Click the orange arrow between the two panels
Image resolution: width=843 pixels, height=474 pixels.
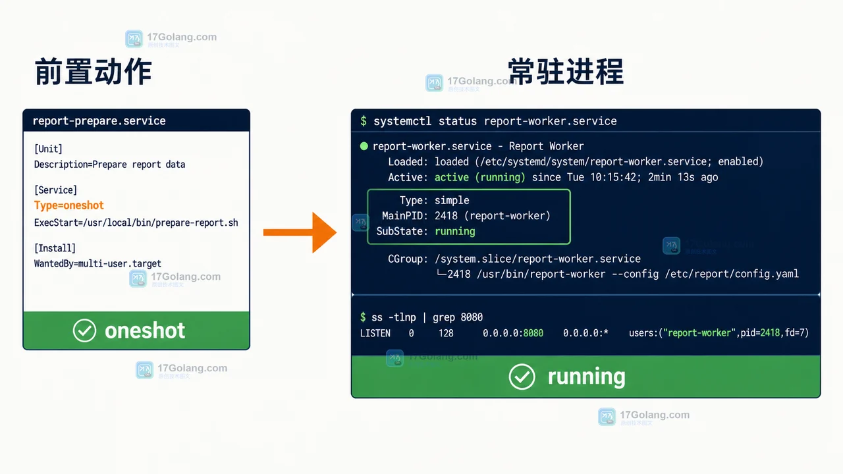(300, 232)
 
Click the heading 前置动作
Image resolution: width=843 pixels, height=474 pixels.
(94, 72)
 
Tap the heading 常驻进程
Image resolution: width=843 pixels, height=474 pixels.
(566, 72)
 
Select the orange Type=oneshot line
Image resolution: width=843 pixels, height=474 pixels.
(69, 205)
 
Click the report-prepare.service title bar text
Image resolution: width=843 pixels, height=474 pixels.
(99, 120)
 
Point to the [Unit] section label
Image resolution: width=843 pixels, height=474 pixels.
(48, 149)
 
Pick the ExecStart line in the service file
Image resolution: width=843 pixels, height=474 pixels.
(136, 223)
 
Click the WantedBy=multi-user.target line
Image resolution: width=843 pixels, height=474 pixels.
(97, 263)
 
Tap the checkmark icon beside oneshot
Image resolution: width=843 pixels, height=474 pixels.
(84, 330)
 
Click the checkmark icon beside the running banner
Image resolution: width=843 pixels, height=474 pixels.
(522, 377)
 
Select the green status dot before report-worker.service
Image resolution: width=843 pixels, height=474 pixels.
(364, 146)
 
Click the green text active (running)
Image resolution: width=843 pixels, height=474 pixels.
(480, 177)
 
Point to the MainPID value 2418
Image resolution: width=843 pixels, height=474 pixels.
(446, 215)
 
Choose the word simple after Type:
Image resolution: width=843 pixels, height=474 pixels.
(452, 200)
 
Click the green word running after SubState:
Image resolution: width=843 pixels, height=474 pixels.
(455, 231)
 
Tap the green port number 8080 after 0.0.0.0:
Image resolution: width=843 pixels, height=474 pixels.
(533, 333)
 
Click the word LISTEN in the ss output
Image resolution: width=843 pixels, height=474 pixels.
(375, 333)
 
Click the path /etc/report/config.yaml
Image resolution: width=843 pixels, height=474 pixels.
(732, 274)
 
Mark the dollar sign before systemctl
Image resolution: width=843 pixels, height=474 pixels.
(363, 121)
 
